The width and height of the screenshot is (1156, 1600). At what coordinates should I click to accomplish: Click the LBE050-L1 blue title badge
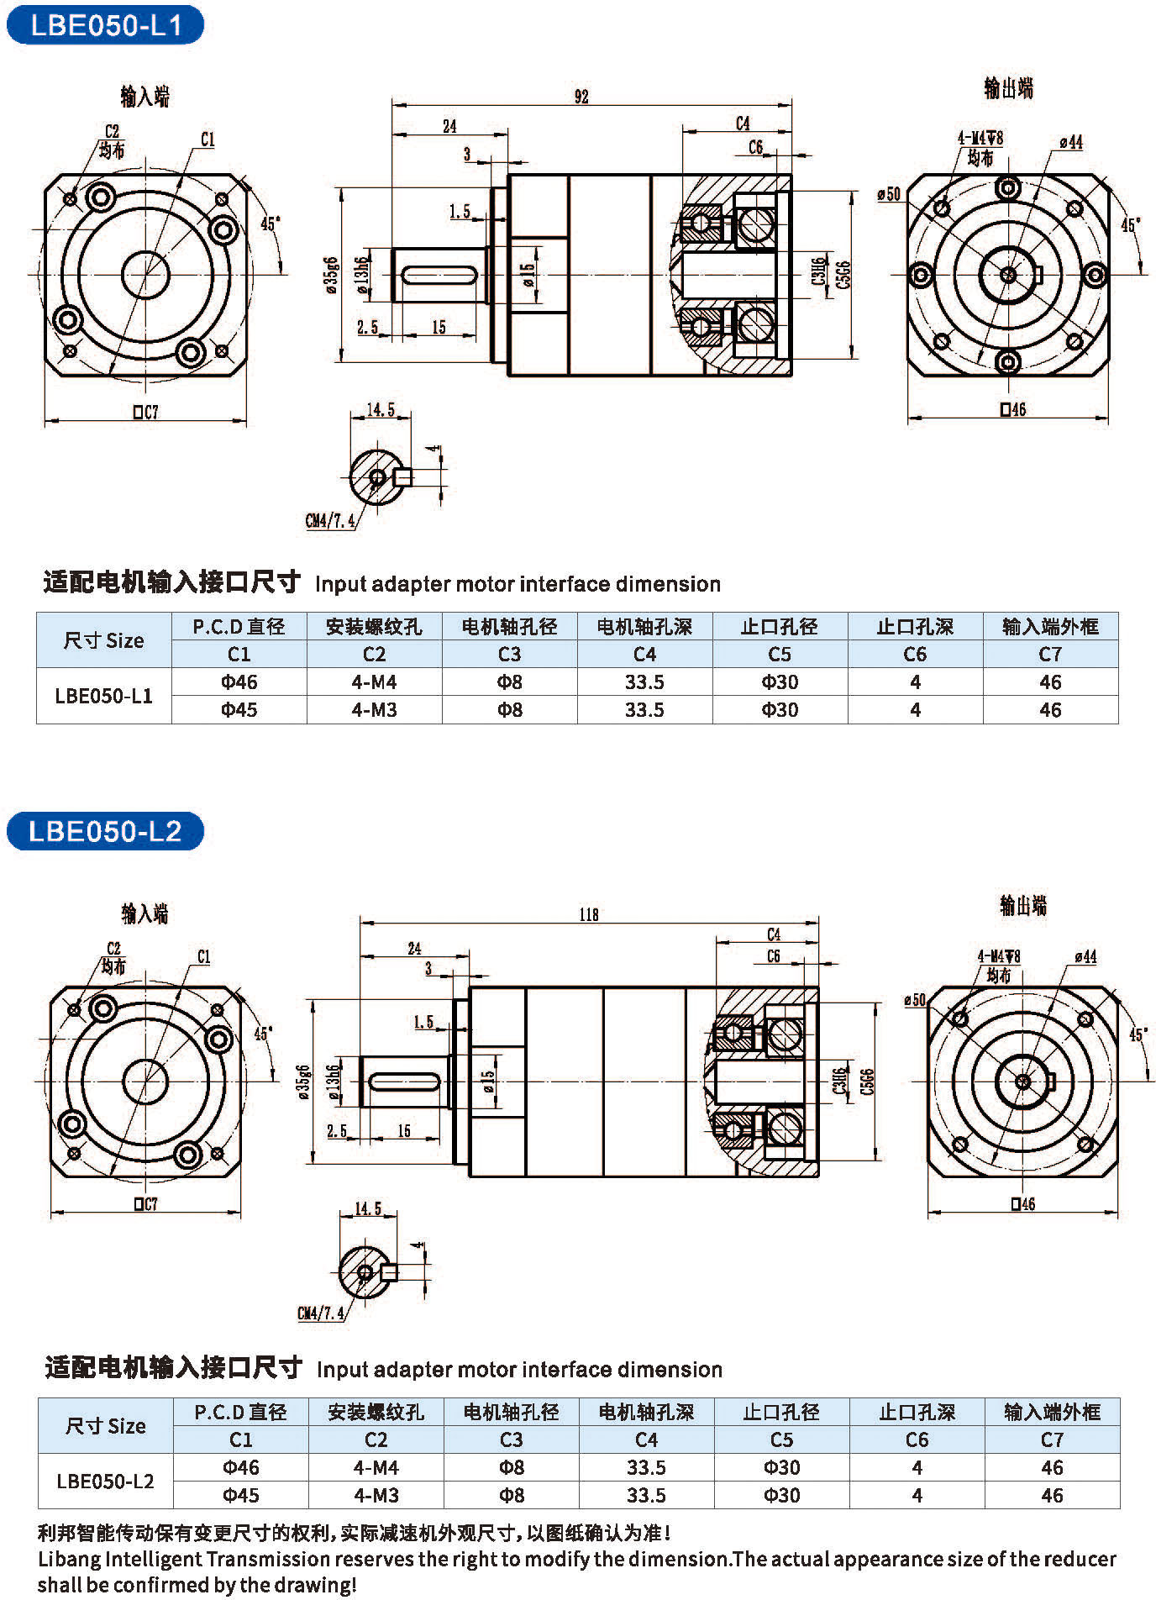click(x=105, y=25)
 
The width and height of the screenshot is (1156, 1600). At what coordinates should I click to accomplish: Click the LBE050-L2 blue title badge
click(x=105, y=831)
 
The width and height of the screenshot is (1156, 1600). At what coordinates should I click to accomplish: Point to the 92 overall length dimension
click(x=581, y=97)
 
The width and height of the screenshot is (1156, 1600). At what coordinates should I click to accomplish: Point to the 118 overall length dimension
click(x=588, y=914)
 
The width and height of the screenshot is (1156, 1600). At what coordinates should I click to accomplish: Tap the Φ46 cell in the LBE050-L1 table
click(x=239, y=682)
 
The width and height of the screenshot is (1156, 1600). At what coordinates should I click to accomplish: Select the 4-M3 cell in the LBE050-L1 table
click(x=374, y=709)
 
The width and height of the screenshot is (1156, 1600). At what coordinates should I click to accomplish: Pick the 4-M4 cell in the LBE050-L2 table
click(x=376, y=1467)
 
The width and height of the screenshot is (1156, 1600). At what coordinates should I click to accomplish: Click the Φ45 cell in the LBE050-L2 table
click(x=241, y=1495)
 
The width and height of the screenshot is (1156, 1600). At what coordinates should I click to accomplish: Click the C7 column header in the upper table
click(x=1050, y=654)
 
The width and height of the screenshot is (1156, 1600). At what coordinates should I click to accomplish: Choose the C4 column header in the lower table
click(x=646, y=1439)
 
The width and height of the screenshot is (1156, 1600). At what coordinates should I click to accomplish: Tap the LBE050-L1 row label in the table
click(x=103, y=695)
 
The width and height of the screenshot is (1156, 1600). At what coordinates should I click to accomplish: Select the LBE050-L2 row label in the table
click(x=105, y=1481)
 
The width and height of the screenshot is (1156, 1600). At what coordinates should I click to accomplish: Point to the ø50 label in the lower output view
click(x=915, y=999)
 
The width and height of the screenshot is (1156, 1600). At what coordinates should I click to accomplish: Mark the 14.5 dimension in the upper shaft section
click(x=381, y=410)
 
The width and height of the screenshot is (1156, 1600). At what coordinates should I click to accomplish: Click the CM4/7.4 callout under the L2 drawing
click(x=321, y=1313)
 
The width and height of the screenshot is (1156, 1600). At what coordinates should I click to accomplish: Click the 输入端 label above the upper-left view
click(x=144, y=97)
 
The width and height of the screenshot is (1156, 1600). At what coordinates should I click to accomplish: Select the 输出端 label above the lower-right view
click(x=1022, y=905)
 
